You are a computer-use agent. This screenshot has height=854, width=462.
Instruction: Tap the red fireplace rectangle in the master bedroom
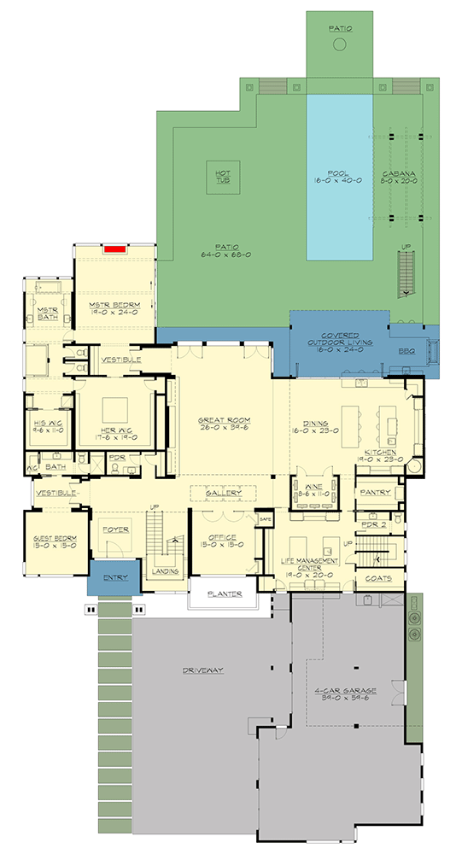[114, 250]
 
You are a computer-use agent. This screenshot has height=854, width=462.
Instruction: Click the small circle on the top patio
[339, 45]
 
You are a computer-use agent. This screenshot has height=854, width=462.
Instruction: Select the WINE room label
[309, 490]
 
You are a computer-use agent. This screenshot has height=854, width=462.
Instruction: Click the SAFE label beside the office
[265, 518]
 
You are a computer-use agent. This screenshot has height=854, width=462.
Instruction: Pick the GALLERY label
[222, 494]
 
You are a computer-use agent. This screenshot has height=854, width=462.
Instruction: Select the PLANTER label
[224, 594]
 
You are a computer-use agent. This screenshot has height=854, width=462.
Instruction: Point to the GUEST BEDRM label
[56, 541]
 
